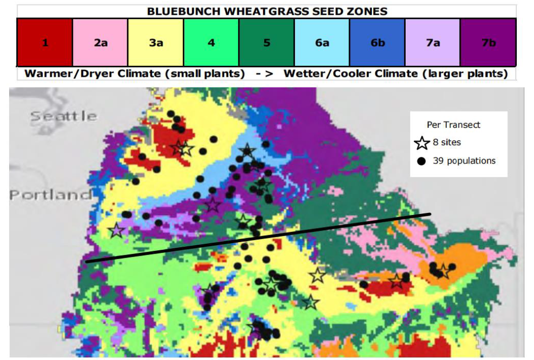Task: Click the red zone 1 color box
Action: pyautogui.click(x=44, y=42)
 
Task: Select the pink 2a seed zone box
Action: pyautogui.click(x=100, y=42)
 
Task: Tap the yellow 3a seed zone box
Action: pyautogui.click(x=156, y=42)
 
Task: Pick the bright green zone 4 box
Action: pyautogui.click(x=211, y=42)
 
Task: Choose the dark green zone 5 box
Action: pyautogui.click(x=266, y=42)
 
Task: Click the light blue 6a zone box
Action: pyautogui.click(x=322, y=42)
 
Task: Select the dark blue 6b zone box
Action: pyautogui.click(x=377, y=42)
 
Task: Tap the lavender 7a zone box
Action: pyautogui.click(x=432, y=42)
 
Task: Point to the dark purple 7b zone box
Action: pyautogui.click(x=488, y=42)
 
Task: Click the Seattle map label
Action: pyautogui.click(x=63, y=116)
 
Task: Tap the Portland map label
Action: pyautogui.click(x=51, y=195)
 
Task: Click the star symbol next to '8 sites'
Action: pyautogui.click(x=422, y=143)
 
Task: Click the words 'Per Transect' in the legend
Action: pyautogui.click(x=454, y=125)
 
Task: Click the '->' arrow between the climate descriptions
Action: pyautogui.click(x=264, y=74)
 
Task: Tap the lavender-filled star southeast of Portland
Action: pyautogui.click(x=117, y=231)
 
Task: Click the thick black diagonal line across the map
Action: pyautogui.click(x=258, y=238)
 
